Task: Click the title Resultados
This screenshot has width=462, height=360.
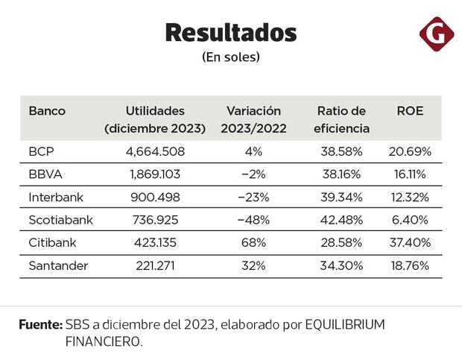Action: coord(230,33)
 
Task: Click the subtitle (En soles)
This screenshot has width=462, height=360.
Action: coord(230,57)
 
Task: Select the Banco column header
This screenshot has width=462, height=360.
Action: coord(47,111)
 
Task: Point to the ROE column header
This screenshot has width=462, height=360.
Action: coord(410,111)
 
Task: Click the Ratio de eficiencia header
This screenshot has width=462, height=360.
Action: coord(341,119)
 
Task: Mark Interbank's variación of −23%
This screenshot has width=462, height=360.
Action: coord(253,197)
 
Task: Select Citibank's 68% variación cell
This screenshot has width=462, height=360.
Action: coord(253,242)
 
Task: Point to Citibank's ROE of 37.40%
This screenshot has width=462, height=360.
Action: coord(410,242)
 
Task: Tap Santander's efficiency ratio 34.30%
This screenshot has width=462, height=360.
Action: coord(341,265)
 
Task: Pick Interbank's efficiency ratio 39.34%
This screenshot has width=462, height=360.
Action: coord(341,197)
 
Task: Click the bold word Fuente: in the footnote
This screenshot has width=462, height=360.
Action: coord(40,325)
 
